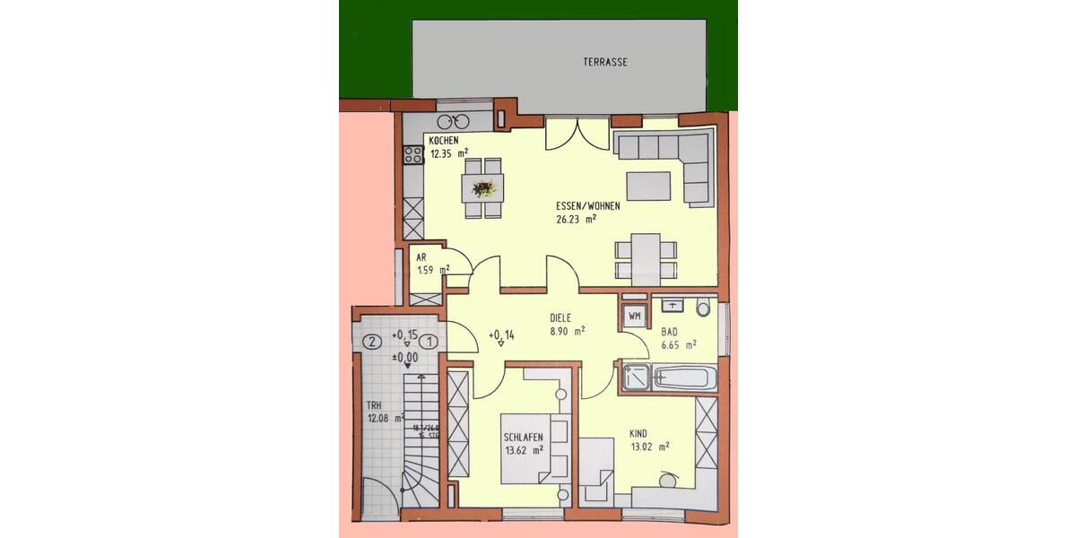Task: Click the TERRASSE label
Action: point(605,63)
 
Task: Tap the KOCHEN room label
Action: point(444,142)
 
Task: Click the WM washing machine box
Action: point(634,316)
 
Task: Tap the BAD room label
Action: point(670,331)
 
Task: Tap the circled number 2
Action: point(372,341)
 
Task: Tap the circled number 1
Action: point(431,341)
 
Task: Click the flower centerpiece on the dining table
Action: point(483,188)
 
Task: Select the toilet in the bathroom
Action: point(702,309)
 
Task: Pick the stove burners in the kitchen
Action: point(413,154)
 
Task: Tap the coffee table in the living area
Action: point(647,186)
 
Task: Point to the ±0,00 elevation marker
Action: point(407,356)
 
